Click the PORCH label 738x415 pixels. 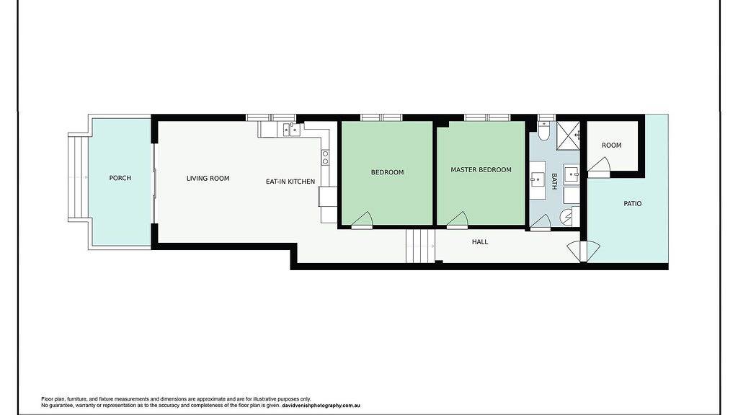(x=120, y=178)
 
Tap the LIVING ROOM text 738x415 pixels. (x=208, y=179)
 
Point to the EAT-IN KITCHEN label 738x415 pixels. (x=290, y=181)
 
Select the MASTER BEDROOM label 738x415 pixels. (x=481, y=170)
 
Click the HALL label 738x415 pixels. (x=480, y=242)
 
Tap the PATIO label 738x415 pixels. (x=633, y=204)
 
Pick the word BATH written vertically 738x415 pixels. (x=554, y=181)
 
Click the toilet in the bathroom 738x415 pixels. (x=543, y=131)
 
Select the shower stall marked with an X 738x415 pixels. (x=568, y=135)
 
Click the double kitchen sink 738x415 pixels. (x=290, y=129)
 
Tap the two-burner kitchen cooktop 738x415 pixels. (x=325, y=158)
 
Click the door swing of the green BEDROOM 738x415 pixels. (x=363, y=220)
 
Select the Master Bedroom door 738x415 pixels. (x=458, y=220)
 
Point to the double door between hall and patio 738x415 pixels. (x=584, y=251)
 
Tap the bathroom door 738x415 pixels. (x=541, y=222)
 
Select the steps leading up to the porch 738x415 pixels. (x=79, y=177)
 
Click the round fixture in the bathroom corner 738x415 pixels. (x=566, y=216)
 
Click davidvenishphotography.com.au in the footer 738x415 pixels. (x=321, y=405)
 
